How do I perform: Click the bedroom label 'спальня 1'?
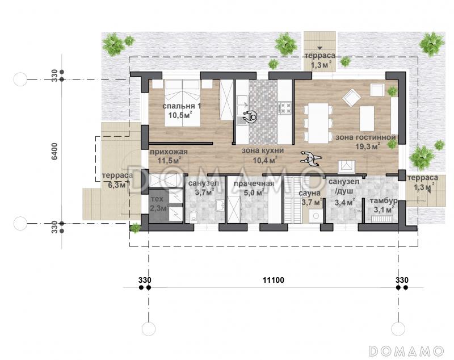tap(182, 106)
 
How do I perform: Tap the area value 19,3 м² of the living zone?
tap(367, 146)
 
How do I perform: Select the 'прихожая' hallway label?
tap(169, 152)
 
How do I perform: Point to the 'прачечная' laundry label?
tap(254, 184)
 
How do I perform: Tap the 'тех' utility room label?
tap(157, 199)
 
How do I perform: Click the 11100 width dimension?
tap(274, 280)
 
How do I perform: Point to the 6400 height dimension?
tap(54, 151)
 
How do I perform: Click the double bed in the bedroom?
tap(182, 103)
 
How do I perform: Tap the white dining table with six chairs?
tap(318, 123)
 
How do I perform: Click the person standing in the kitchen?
tap(250, 117)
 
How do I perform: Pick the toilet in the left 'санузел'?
tap(194, 216)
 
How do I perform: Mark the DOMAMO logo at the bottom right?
tap(406, 351)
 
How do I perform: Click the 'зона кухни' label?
tap(263, 150)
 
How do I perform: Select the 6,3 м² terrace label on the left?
tap(117, 180)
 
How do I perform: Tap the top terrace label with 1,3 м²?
tap(320, 60)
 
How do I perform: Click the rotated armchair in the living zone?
tap(352, 98)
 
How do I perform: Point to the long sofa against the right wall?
tap(394, 116)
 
